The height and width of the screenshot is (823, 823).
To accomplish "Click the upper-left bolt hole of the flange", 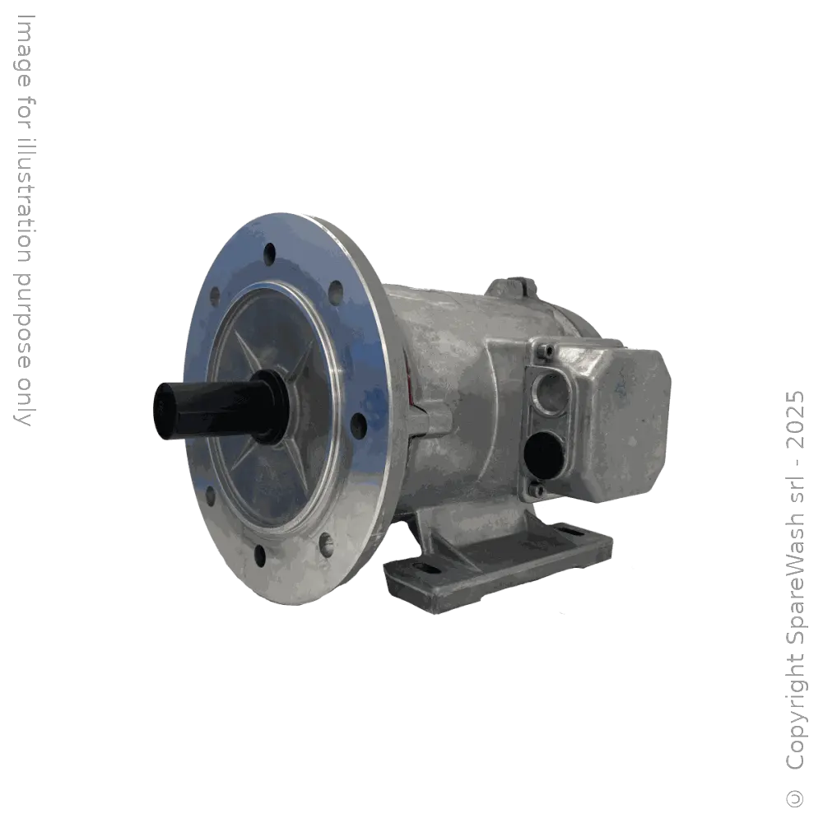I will (216, 294).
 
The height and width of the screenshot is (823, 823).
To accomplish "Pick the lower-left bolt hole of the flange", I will (211, 495).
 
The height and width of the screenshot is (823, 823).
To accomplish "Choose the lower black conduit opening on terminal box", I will (542, 452).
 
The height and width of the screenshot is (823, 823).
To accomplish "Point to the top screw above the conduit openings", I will (546, 353).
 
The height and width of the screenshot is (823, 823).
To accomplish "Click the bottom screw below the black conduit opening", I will (537, 491).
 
